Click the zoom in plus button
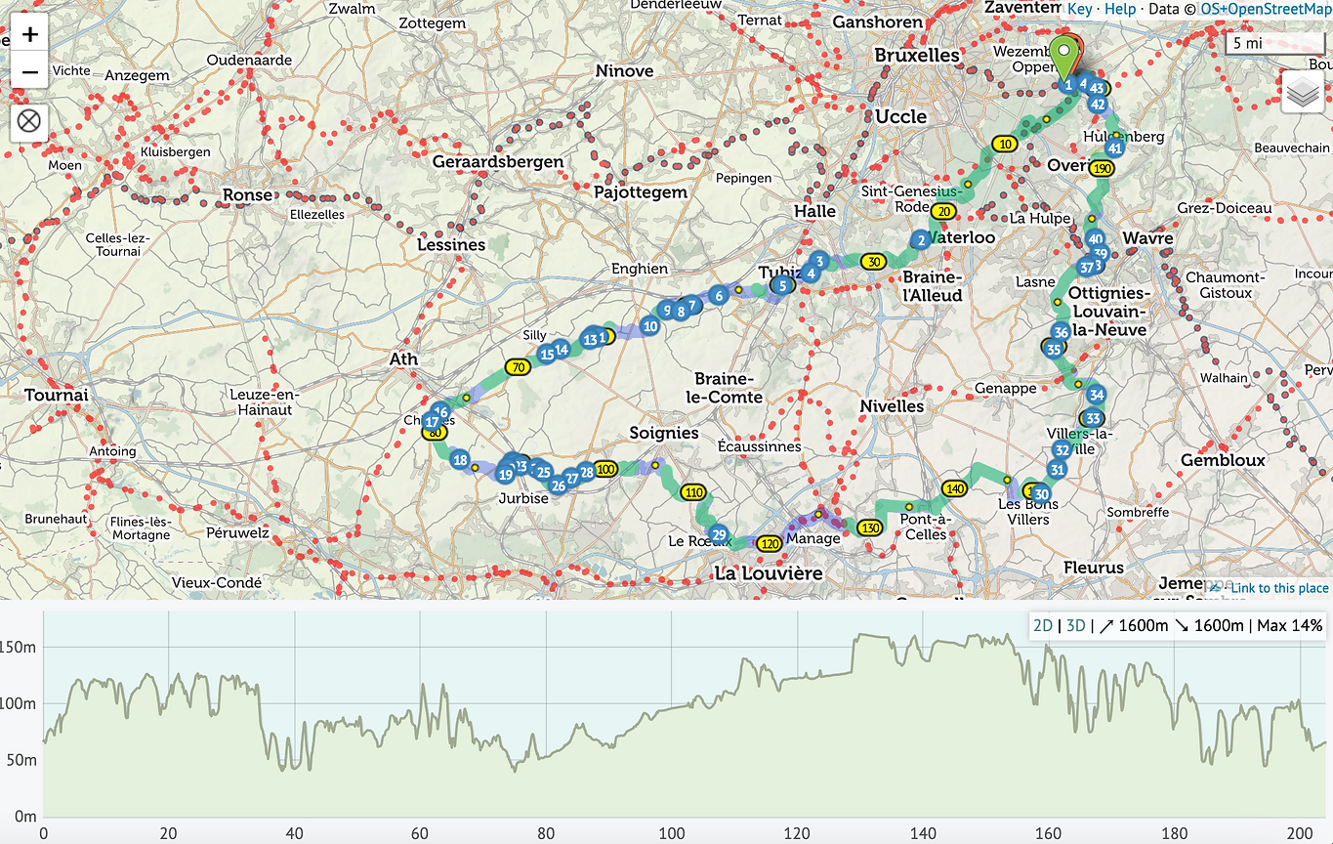click(30, 35)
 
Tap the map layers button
click(1303, 93)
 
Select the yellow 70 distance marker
click(517, 367)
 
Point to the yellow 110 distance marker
click(693, 492)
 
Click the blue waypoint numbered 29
click(719, 534)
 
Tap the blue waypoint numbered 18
click(460, 461)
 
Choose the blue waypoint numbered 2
click(920, 239)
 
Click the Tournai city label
click(57, 395)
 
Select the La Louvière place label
click(768, 573)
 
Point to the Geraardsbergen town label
click(498, 161)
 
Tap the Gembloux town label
click(1223, 460)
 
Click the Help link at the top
click(1120, 9)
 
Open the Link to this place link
click(1278, 588)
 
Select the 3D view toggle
click(1075, 625)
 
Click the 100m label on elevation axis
click(19, 703)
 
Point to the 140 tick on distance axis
click(923, 833)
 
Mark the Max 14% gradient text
click(1289, 625)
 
